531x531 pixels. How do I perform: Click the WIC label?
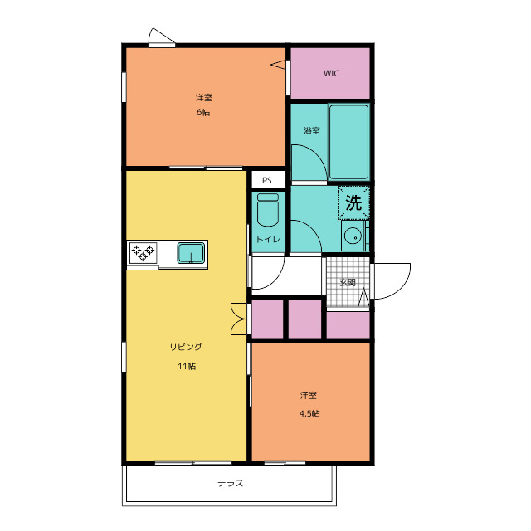pos(331,73)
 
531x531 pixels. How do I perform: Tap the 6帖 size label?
pos(203,112)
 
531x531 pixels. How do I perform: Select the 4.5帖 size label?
pos(309,413)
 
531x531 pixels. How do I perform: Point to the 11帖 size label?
pos(187,366)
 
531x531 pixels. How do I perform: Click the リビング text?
pos(186,347)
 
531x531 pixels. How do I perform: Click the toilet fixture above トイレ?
pos(268,210)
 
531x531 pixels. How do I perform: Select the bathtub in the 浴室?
pos(348,142)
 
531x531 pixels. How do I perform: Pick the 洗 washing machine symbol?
pos(353,202)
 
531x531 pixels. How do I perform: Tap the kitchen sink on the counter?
pos(191,253)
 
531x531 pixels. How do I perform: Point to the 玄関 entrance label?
pos(348,282)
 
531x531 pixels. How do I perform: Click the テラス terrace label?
pos(231,483)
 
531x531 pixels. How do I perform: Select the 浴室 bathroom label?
pos(312,130)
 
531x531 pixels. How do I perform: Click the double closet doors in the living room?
pos(240,319)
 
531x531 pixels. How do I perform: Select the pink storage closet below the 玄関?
pos(348,324)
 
